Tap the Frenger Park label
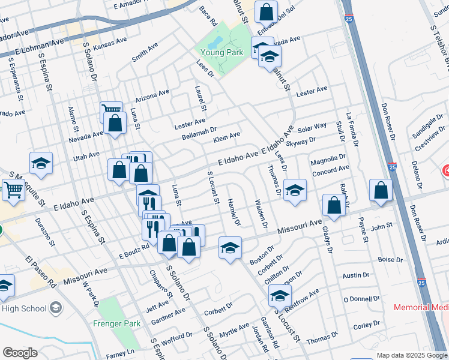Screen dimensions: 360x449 pyautogui.click(x=116, y=323)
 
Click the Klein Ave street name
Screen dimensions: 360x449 pyautogui.click(x=226, y=139)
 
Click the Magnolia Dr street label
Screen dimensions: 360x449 pyautogui.click(x=329, y=162)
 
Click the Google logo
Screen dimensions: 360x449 pyautogui.click(x=20, y=353)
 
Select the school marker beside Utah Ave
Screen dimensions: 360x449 pyautogui.click(x=41, y=163)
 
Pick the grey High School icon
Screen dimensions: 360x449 pyautogui.click(x=56, y=308)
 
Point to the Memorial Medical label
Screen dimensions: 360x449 pyautogui.click(x=421, y=307)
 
